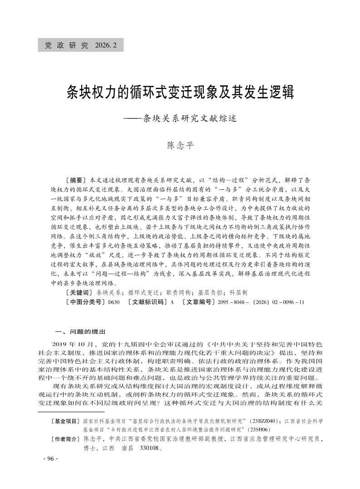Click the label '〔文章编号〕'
pos(199,301)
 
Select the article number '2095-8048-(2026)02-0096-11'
pos(261,301)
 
